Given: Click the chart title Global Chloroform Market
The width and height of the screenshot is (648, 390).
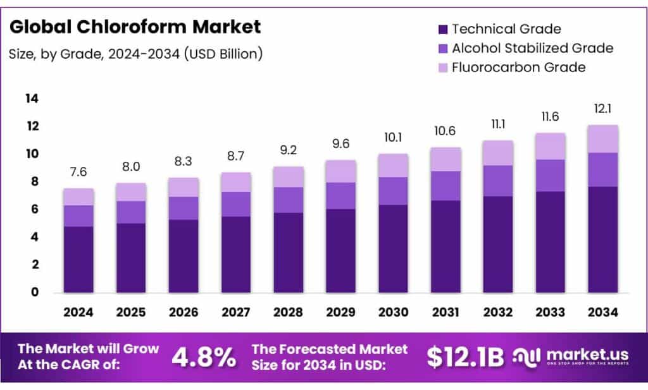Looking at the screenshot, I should click(135, 27).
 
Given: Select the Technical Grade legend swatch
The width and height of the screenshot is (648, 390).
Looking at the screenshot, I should click(442, 29).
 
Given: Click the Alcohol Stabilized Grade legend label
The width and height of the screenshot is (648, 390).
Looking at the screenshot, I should click(532, 48).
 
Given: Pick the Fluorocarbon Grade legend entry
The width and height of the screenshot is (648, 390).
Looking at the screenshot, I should click(518, 67).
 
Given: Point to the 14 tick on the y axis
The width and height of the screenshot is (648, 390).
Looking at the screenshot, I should click(32, 99).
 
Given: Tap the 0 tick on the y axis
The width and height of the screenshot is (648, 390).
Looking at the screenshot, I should click(35, 293).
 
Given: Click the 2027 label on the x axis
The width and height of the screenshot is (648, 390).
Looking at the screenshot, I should click(235, 312).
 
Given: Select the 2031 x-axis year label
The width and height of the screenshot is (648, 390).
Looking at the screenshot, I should click(445, 312).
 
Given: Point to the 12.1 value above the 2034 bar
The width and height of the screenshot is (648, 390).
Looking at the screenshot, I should click(602, 110).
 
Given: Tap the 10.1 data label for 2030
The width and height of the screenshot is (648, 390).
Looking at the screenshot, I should click(393, 138).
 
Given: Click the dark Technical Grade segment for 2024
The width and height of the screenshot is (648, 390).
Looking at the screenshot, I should click(78, 259).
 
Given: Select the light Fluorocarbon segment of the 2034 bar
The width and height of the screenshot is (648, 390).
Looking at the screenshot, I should click(602, 139).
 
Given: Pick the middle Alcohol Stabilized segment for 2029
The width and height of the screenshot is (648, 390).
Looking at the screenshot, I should click(340, 195).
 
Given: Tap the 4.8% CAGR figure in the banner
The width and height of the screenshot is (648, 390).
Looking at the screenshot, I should click(203, 358).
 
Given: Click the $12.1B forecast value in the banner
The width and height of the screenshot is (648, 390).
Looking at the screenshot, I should click(465, 358).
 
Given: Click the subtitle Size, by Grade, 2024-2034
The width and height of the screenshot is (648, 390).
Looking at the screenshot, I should click(136, 54).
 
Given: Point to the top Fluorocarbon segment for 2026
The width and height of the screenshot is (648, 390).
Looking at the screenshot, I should click(183, 187).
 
